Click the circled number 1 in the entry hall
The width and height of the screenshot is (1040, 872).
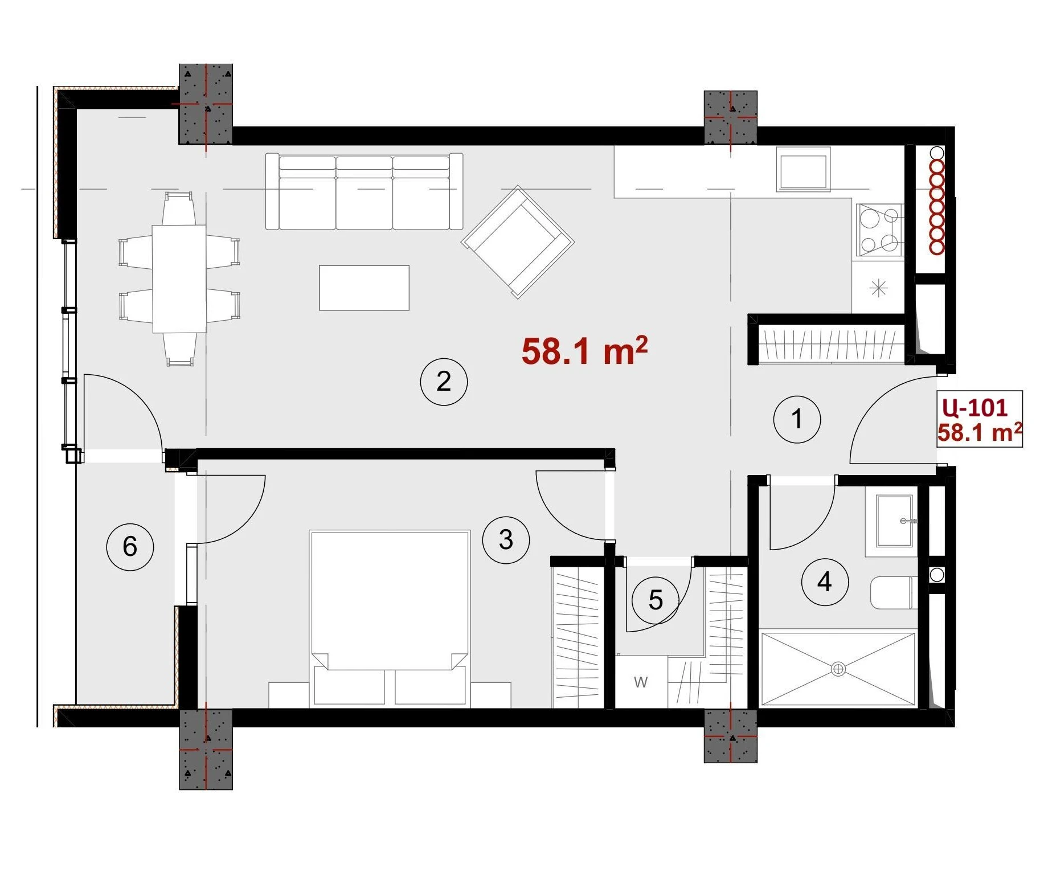click(797, 420)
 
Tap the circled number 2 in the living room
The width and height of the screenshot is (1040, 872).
click(444, 382)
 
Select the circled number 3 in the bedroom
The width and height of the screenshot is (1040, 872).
click(506, 540)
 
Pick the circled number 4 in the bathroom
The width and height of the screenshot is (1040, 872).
click(825, 582)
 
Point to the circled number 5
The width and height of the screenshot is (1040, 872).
click(656, 600)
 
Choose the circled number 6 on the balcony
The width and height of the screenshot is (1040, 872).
click(130, 547)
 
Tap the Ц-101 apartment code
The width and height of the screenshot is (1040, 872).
click(975, 407)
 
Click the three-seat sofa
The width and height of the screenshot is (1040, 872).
click(364, 191)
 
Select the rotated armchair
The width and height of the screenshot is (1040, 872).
click(518, 241)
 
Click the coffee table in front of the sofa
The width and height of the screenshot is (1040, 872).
click(364, 288)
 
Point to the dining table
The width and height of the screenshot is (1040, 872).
click(179, 279)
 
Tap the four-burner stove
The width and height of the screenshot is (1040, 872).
click(880, 230)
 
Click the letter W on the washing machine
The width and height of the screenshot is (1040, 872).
click(641, 682)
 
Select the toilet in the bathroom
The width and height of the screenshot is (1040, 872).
click(893, 593)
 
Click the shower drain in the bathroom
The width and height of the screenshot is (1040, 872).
click(838, 669)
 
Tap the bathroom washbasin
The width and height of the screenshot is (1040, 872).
click(894, 521)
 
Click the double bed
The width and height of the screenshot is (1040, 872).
click(390, 619)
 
